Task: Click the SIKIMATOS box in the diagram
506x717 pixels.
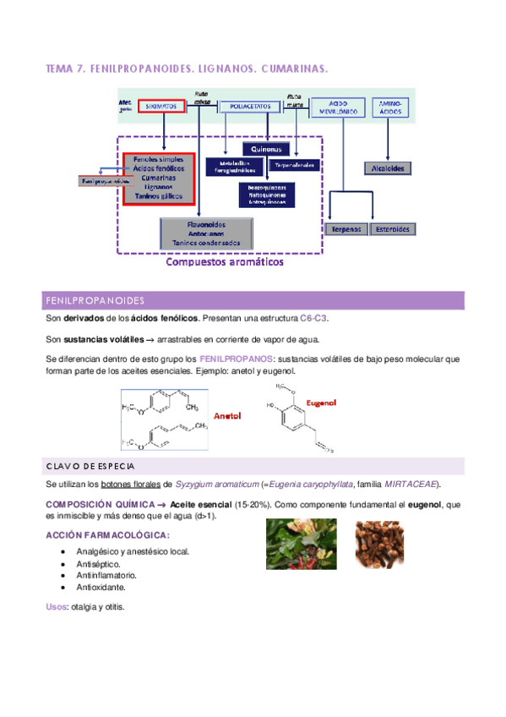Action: click(x=160, y=107)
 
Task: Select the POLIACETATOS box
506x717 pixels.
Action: click(x=250, y=107)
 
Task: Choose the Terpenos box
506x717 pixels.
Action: click(x=346, y=229)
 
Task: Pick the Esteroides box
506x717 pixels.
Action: click(x=393, y=229)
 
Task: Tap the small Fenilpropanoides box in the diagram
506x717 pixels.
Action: click(x=105, y=180)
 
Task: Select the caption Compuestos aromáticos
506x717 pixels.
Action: click(x=225, y=262)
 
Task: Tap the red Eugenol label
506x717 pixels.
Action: click(x=321, y=402)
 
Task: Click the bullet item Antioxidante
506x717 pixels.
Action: click(x=102, y=587)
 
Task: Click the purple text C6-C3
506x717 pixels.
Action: click(x=314, y=319)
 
